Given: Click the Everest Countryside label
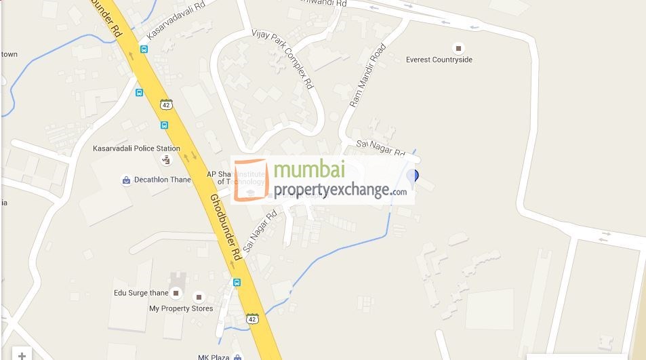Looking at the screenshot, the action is point(439,60).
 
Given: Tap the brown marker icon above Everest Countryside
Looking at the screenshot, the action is point(459,48).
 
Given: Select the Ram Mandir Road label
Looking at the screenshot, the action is point(367,76).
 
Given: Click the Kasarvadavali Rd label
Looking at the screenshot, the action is point(175,21).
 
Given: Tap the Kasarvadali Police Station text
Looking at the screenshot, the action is point(136,148).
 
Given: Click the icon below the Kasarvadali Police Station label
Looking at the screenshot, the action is point(166,160).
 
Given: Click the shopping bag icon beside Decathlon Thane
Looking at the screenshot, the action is point(125,180).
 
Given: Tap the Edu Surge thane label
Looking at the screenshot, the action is point(140,293).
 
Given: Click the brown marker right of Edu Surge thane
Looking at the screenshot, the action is point(176,293).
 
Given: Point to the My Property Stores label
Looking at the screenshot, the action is point(181,308).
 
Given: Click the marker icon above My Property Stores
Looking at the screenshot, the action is point(198,297).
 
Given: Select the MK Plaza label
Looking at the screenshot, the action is point(210,357).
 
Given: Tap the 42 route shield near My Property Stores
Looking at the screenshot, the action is point(252,319).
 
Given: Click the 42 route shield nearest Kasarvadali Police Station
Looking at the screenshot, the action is point(166,104).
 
